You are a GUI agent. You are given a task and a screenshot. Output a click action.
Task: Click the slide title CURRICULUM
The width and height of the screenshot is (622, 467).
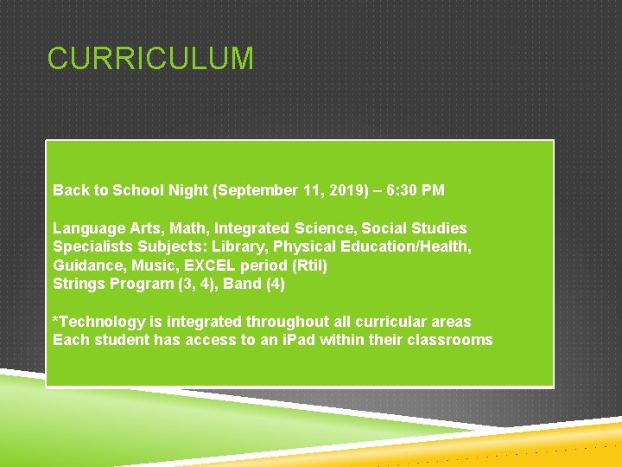(150, 59)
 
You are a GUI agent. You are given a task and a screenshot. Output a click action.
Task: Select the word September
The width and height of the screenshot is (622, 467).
(251, 189)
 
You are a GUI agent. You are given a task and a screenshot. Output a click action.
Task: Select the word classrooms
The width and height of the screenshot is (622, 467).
(450, 340)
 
